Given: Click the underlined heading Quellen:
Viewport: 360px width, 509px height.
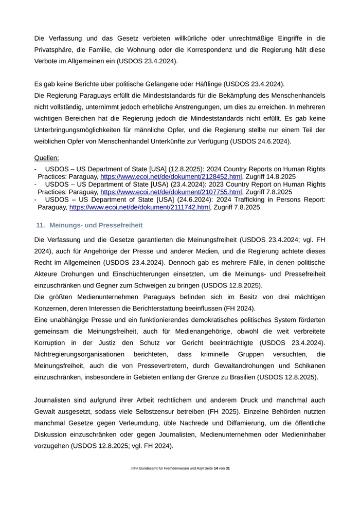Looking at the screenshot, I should tap(46, 158).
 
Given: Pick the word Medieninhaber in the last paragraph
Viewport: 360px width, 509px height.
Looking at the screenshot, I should tap(300, 434).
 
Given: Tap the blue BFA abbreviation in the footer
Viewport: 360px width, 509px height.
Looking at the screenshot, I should tap(135, 469).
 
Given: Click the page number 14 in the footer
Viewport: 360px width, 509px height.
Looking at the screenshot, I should tap(215, 469).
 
